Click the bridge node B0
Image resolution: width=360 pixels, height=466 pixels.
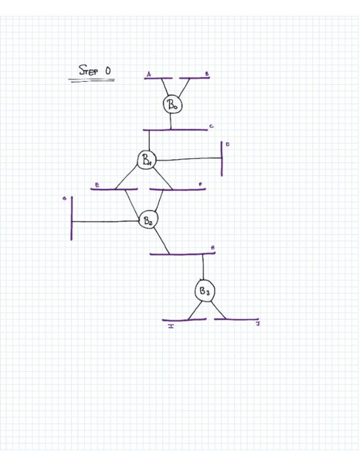(171, 104)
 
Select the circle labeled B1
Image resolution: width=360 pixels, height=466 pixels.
(147, 159)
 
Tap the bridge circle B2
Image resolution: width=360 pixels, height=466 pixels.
(147, 220)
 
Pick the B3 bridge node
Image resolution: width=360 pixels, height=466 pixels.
(204, 291)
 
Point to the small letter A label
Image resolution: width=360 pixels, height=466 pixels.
(148, 73)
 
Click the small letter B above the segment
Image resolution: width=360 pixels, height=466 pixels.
(207, 73)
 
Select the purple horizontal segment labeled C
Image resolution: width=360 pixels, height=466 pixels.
(176, 130)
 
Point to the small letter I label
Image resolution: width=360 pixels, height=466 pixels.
(171, 326)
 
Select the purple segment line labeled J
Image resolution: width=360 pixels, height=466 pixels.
(236, 319)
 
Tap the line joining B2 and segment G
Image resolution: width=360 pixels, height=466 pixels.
(104, 221)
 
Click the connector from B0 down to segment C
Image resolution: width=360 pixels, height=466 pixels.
(171, 121)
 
